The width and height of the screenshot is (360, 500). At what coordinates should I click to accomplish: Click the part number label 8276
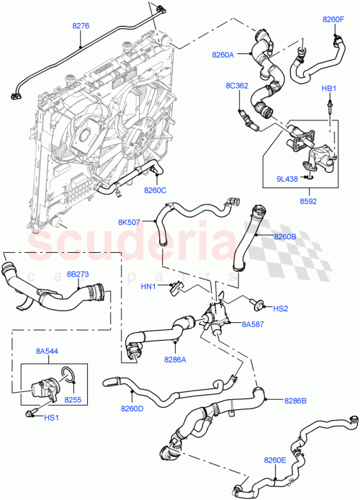point(81,26)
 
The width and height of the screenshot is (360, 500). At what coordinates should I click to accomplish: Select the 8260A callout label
point(224,53)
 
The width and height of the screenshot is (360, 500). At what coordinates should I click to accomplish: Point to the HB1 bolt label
point(329,88)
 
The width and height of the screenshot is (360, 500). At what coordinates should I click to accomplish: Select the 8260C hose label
point(155,190)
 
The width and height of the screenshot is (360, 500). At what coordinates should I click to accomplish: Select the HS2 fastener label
point(280,308)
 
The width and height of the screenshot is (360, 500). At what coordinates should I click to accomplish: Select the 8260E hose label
point(275,458)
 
